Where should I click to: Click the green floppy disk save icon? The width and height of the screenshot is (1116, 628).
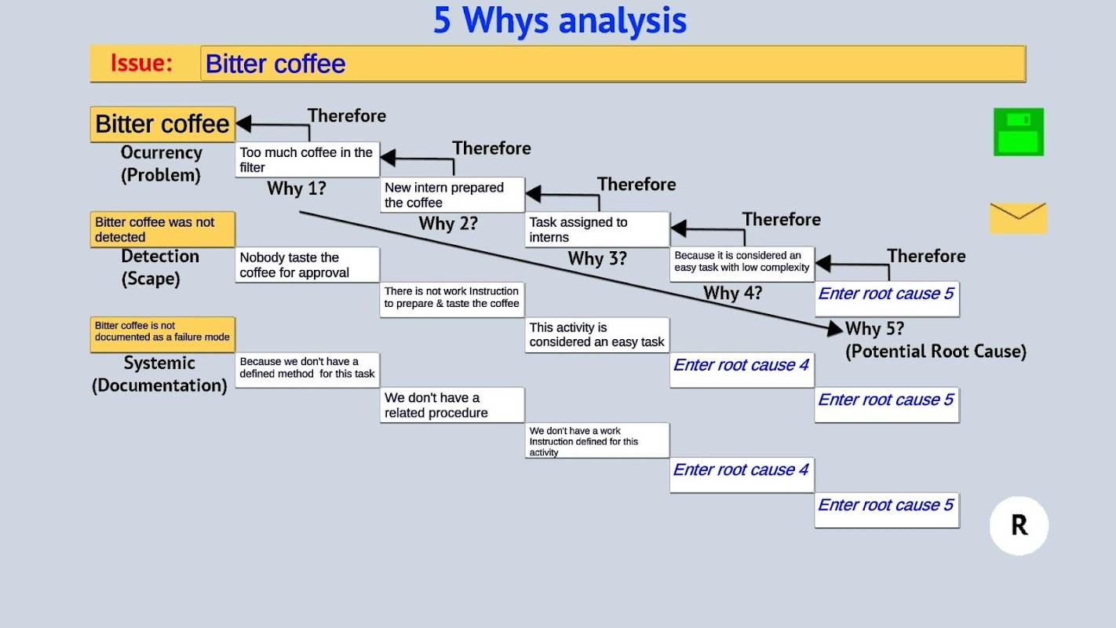(1019, 132)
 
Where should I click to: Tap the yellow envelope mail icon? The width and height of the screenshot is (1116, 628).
(1018, 217)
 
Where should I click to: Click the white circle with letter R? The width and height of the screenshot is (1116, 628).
(1019, 525)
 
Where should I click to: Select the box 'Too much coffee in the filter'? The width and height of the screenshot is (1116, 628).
(308, 159)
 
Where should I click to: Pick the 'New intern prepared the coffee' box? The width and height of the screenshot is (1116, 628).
(452, 195)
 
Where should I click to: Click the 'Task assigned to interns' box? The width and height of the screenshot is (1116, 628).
(597, 230)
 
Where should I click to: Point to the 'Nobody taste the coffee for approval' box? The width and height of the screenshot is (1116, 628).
(308, 265)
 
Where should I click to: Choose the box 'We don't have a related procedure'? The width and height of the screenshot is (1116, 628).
(452, 405)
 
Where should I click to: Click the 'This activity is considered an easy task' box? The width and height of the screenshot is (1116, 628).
(597, 334)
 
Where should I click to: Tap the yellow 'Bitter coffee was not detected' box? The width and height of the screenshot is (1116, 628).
(162, 229)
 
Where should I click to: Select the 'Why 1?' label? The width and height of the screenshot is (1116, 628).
(297, 188)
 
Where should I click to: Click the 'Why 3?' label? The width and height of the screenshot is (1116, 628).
(597, 258)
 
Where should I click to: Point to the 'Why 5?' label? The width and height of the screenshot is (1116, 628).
(874, 328)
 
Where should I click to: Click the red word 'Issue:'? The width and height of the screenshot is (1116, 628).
(141, 64)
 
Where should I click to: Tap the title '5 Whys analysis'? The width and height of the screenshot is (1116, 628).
(560, 20)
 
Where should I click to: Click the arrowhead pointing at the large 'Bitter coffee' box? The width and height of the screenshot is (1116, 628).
(243, 123)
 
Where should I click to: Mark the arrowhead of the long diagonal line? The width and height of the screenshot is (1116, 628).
(836, 328)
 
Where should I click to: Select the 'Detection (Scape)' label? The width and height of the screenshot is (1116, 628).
(160, 267)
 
